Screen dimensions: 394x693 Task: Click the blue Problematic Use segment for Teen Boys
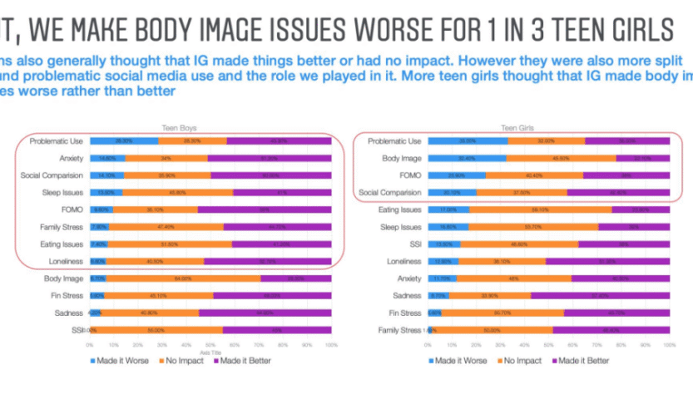124,141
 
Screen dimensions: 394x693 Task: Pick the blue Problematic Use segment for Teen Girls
468,141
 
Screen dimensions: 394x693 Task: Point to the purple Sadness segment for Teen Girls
599,295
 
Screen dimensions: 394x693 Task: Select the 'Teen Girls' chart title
515,127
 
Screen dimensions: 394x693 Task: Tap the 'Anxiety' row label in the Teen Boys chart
63,158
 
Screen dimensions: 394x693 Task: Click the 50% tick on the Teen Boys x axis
210,343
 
